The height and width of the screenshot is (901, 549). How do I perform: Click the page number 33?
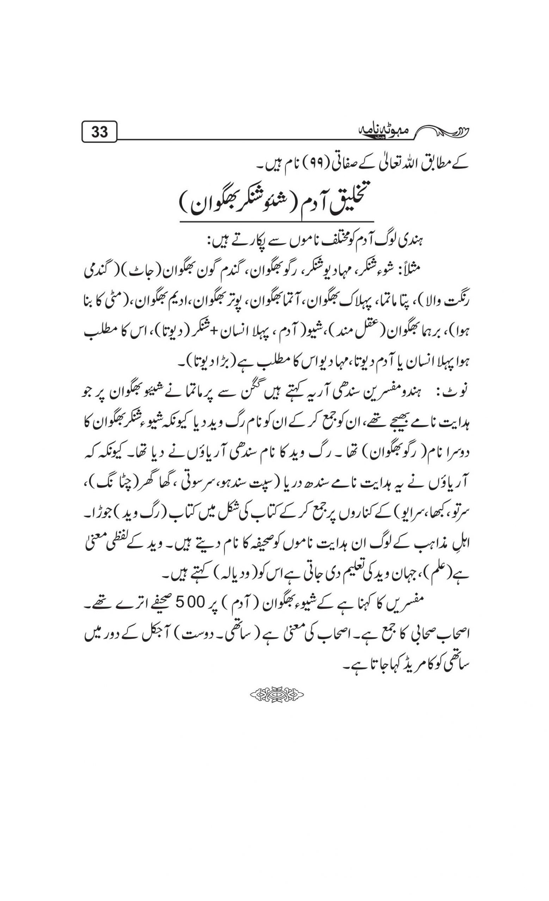click(x=99, y=131)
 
